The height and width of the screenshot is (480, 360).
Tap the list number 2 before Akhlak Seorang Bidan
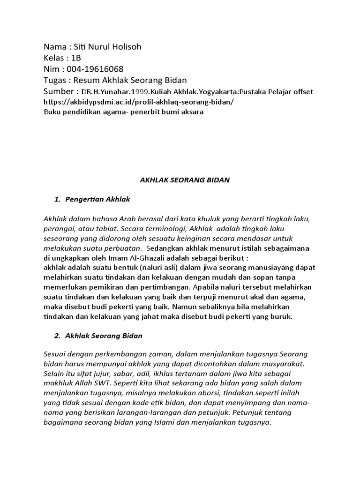coord(57,336)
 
